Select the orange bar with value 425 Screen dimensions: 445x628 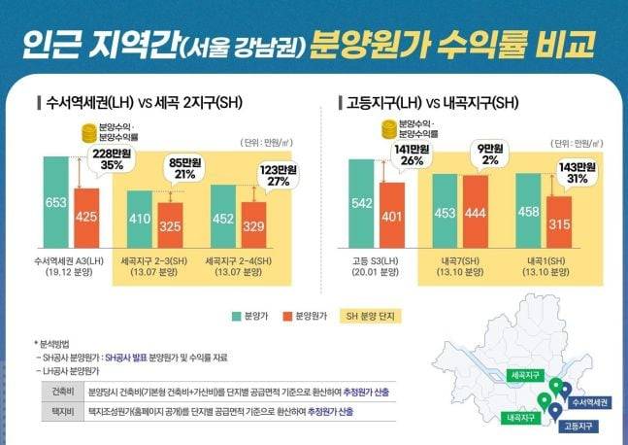(87, 218)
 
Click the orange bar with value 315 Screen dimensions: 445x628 (559, 224)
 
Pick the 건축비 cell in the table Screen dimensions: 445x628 (57, 392)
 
